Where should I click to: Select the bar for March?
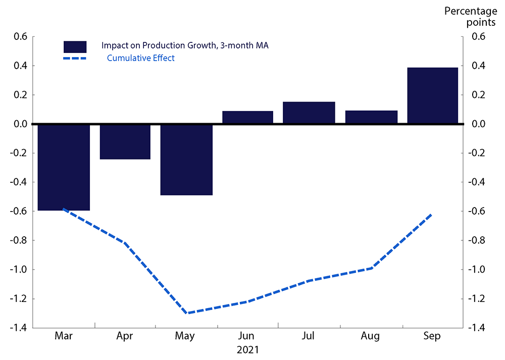(x=64, y=167)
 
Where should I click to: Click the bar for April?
(x=125, y=141)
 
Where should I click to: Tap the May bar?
(x=186, y=159)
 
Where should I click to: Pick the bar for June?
(x=247, y=117)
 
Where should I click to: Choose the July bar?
(x=309, y=113)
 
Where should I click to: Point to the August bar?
(x=371, y=117)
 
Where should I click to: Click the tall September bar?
(x=432, y=95)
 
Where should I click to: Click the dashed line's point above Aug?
(x=372, y=268)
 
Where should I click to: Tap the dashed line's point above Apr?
(x=125, y=243)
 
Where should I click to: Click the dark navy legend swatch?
(x=75, y=46)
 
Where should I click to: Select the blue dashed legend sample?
(x=75, y=59)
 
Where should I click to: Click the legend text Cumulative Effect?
(x=140, y=58)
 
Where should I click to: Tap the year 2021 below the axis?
(x=247, y=349)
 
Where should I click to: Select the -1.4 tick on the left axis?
(x=20, y=328)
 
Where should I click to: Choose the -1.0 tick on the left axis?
(x=20, y=269)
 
